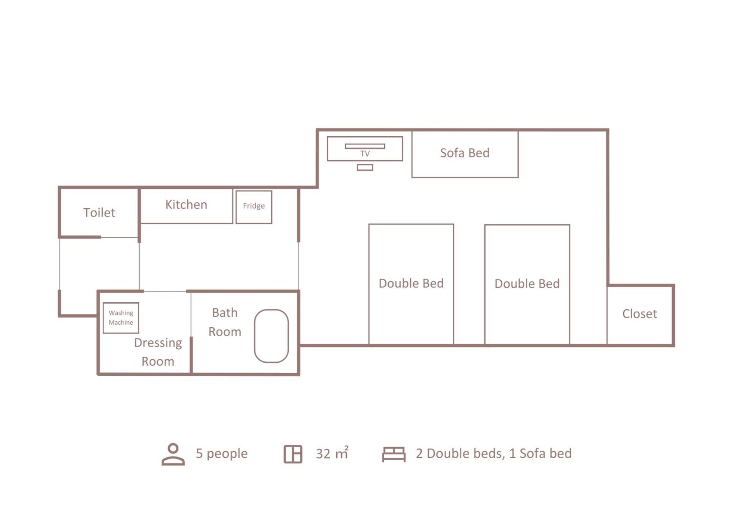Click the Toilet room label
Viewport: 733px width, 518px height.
tap(99, 212)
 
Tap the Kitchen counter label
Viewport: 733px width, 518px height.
tap(186, 204)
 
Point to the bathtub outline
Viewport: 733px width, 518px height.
tap(254, 336)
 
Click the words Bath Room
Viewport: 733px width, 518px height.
tap(225, 322)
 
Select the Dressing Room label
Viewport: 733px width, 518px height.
tap(158, 352)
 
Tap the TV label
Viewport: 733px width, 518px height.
tap(365, 154)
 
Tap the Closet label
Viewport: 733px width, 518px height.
tap(639, 314)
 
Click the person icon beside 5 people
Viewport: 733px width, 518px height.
tap(173, 454)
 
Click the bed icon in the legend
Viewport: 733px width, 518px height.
tap(393, 454)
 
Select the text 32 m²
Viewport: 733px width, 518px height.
tap(332, 453)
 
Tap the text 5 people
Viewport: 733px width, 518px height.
tap(221, 454)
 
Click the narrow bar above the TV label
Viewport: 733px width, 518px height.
tap(365, 146)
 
